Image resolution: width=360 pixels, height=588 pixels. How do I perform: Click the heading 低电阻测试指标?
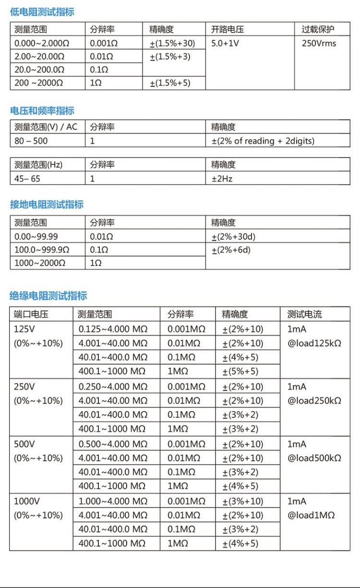click(42, 12)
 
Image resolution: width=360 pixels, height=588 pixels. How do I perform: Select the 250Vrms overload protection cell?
click(319, 43)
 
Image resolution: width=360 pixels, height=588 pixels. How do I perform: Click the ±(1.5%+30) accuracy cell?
click(172, 43)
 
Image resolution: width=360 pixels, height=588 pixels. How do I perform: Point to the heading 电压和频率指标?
click(42, 111)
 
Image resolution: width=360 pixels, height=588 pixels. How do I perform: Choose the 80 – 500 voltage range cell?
click(31, 141)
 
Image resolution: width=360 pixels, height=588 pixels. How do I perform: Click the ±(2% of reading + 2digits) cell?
click(263, 141)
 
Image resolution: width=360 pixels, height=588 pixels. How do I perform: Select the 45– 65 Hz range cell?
click(27, 179)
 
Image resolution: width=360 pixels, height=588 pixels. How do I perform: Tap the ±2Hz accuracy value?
click(222, 179)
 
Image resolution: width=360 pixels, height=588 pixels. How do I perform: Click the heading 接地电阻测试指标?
click(47, 205)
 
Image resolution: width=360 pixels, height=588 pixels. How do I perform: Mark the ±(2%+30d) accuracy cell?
click(233, 237)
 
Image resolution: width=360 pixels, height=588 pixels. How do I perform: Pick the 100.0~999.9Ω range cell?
click(42, 250)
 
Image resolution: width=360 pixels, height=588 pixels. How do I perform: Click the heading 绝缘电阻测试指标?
click(48, 296)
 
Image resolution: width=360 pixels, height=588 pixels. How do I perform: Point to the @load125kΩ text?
click(314, 343)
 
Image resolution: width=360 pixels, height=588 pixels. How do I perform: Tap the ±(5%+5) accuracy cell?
click(240, 371)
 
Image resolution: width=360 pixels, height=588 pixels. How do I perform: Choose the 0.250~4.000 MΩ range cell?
click(113, 387)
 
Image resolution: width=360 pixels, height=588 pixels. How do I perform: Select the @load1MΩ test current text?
click(311, 515)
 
